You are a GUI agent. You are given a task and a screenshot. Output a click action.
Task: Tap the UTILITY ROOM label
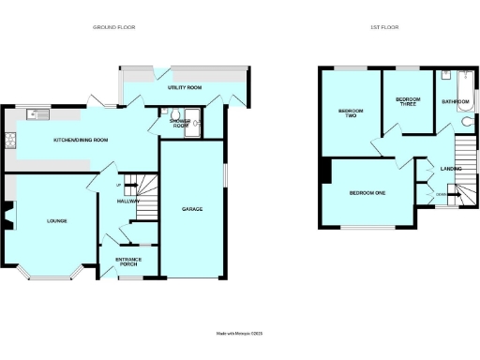(x=185, y=86)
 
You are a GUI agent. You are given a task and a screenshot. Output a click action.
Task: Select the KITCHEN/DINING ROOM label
(x=81, y=140)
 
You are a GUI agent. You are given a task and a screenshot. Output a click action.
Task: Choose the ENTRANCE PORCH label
(x=128, y=262)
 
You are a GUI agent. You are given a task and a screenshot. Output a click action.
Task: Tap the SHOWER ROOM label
(x=179, y=123)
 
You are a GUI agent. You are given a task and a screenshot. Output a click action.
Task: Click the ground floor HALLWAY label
(x=128, y=202)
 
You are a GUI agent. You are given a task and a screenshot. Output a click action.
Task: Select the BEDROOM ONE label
(x=367, y=193)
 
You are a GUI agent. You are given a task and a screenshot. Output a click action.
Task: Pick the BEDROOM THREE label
(x=406, y=102)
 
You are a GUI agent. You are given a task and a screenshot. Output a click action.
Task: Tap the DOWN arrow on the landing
(x=441, y=193)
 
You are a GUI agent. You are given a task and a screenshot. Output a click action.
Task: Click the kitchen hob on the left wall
(x=10, y=142)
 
